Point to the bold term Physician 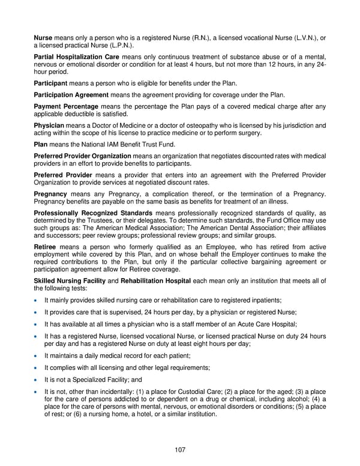tap(48, 126)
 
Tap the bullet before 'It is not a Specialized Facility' tap(38, 380)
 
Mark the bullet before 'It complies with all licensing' tap(38, 368)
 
